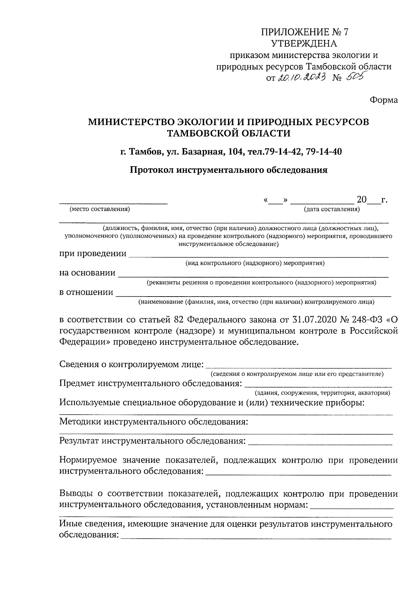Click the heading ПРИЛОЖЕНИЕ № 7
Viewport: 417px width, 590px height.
click(x=304, y=32)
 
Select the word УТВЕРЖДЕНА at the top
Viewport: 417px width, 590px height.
click(x=304, y=43)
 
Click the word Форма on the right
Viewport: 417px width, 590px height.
click(x=383, y=100)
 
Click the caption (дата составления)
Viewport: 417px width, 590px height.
click(x=332, y=209)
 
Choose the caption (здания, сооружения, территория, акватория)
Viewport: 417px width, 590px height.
click(x=322, y=393)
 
